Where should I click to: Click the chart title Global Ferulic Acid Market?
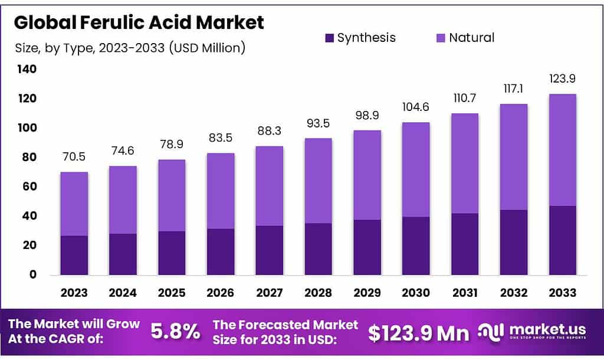[139, 22]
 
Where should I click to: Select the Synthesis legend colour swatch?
[329, 38]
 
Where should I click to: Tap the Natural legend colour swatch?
[441, 38]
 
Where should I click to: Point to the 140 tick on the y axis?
[26, 69]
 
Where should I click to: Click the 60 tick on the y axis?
[29, 186]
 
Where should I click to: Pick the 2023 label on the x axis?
[74, 293]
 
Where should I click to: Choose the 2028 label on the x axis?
[318, 293]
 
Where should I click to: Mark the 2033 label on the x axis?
[562, 293]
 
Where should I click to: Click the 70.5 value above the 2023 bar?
[74, 158]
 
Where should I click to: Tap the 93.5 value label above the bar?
[318, 124]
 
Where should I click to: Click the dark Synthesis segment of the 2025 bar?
[172, 253]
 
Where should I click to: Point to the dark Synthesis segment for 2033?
[562, 240]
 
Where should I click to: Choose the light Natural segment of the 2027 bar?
[269, 186]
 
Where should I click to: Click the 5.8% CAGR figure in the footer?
[175, 332]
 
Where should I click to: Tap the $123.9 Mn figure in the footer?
[419, 333]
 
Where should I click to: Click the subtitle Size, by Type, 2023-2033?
[129, 48]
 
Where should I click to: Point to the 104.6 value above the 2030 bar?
[416, 108]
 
